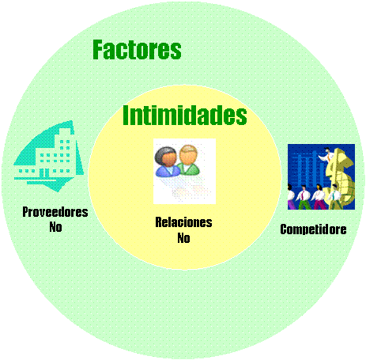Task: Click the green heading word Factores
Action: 137,50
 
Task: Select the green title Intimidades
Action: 185,115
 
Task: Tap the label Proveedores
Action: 55,212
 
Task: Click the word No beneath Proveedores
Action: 55,227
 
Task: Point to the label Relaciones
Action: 183,222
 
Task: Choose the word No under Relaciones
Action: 183,238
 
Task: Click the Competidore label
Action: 313,229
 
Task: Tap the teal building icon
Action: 49,156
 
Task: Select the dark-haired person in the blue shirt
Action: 167,162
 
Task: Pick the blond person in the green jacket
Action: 189,160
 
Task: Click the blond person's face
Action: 188,156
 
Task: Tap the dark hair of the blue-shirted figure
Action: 164,153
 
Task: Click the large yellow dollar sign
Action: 340,180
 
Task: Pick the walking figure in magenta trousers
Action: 319,197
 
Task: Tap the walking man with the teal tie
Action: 334,197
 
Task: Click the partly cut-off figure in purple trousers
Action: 291,197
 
